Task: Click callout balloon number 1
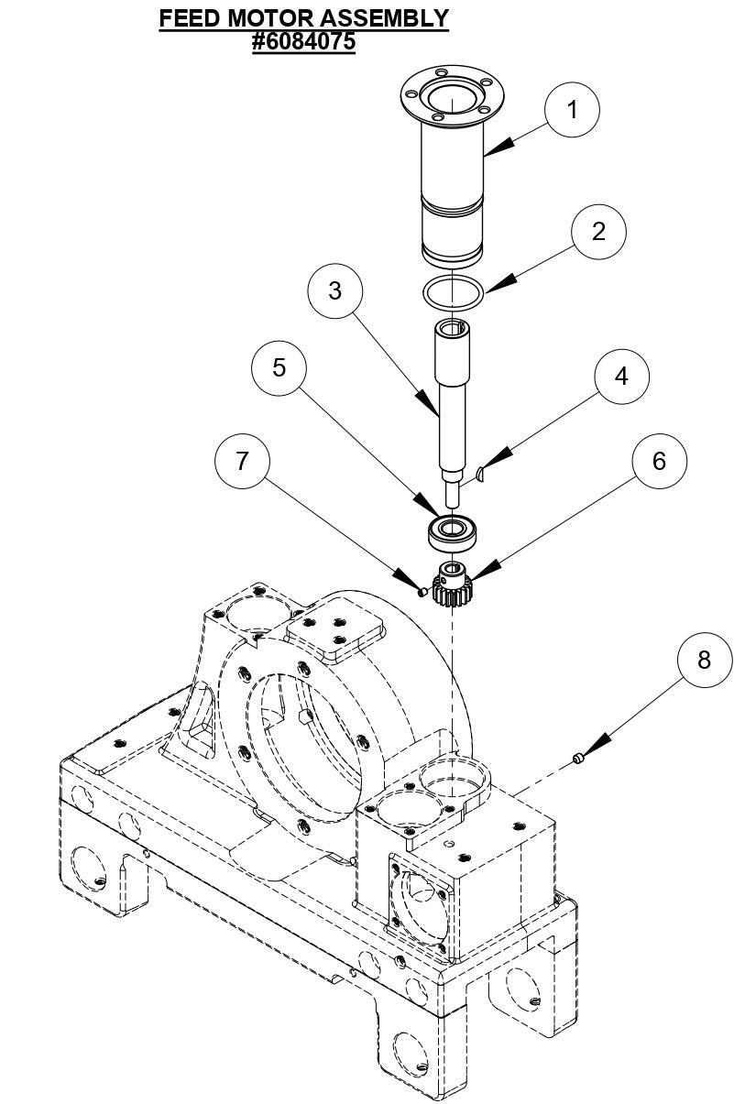click(572, 109)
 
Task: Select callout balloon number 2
click(598, 231)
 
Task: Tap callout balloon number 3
click(335, 290)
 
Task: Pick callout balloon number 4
click(621, 377)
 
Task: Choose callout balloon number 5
click(279, 367)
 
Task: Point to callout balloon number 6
click(659, 461)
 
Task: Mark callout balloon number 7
click(242, 461)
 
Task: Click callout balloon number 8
click(704, 660)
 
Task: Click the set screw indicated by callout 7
click(421, 591)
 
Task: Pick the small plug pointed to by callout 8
click(578, 758)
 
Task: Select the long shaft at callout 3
click(452, 403)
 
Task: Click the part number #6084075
click(303, 42)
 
